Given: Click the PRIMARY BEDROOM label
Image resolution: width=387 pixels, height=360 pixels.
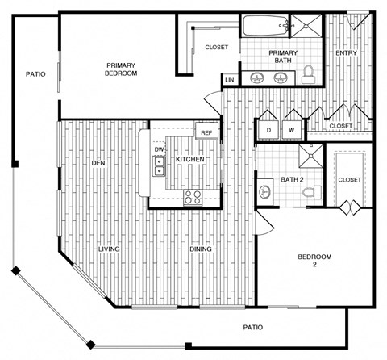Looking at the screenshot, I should [123, 69].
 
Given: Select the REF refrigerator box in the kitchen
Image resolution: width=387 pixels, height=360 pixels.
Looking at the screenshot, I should [206, 132].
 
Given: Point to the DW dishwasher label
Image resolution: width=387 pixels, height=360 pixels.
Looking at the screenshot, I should [159, 150].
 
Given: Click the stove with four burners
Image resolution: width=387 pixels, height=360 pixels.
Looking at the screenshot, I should [193, 196].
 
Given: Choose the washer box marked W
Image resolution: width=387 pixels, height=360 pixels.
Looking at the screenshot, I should [290, 130].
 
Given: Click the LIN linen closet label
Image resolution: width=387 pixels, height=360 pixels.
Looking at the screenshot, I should [230, 80].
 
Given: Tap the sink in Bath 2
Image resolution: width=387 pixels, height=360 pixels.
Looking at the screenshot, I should [264, 191].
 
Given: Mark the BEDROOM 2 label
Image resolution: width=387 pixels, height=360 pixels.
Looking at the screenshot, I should [314, 261].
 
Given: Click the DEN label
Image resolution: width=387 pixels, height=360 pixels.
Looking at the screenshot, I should [99, 163].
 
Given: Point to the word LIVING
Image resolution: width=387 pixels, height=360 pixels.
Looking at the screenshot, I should [109, 249].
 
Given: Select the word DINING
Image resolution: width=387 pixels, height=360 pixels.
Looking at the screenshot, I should [200, 249].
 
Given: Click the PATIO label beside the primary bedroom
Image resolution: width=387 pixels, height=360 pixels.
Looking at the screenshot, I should [35, 74].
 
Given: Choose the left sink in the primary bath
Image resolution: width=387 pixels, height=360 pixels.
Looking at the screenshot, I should [258, 77].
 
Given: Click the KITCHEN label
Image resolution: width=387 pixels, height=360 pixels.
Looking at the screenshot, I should [189, 160].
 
